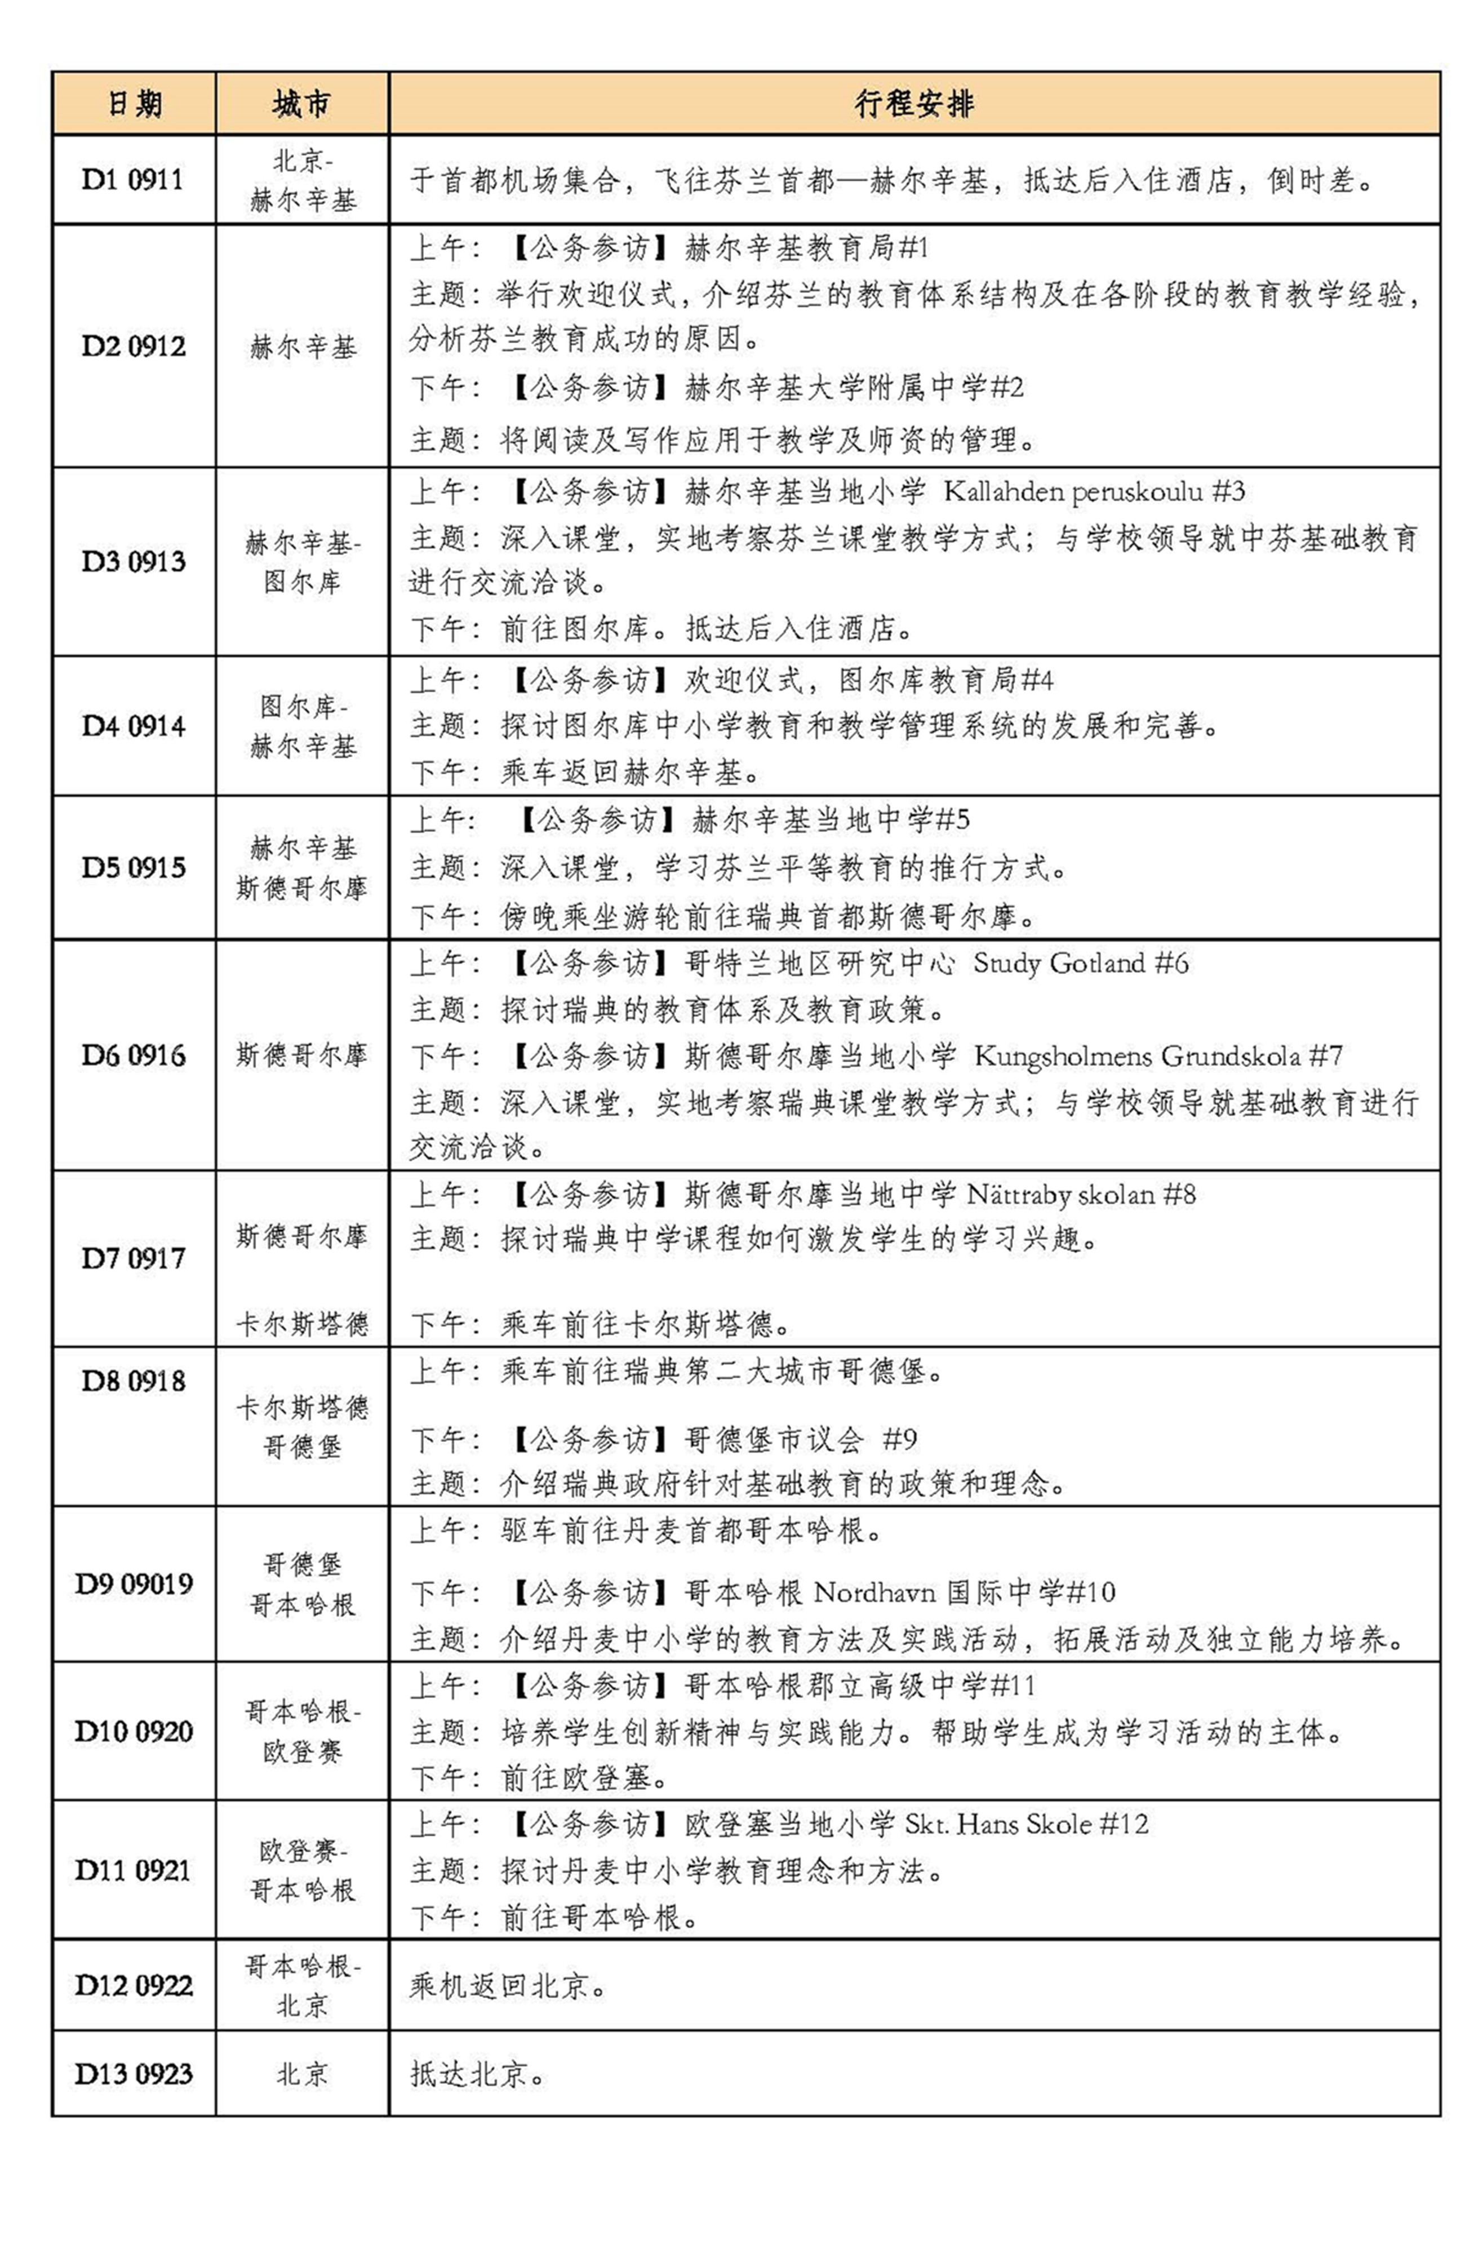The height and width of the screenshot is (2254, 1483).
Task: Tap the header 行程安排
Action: [914, 103]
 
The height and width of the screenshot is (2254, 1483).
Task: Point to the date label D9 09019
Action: [134, 1583]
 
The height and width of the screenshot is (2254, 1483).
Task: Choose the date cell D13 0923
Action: [134, 2074]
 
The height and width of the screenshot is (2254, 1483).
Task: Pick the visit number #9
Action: [900, 1440]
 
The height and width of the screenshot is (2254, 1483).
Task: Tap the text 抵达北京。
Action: [477, 2074]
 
